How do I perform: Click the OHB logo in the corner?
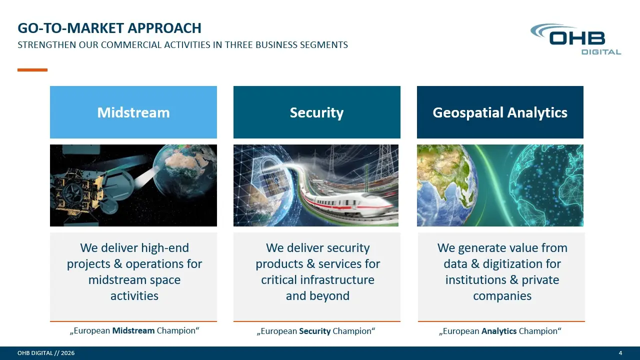(575, 39)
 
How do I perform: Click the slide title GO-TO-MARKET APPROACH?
(109, 28)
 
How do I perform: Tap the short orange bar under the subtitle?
(32, 70)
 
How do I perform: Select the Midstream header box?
(133, 112)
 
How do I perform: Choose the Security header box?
(317, 112)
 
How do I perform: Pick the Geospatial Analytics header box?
(500, 112)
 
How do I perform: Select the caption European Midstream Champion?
(134, 331)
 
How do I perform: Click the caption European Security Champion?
(316, 331)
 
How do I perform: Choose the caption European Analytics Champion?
(500, 331)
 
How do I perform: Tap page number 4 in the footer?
(620, 353)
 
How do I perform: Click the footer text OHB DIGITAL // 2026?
(46, 353)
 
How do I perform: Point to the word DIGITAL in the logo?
(601, 52)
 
